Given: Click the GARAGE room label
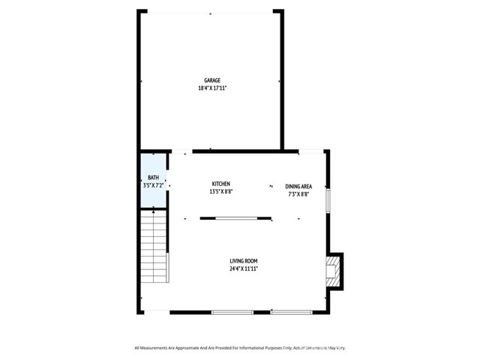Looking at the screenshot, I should tap(212, 80).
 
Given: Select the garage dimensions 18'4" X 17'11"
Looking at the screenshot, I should tap(212, 88).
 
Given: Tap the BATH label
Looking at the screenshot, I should tap(153, 178).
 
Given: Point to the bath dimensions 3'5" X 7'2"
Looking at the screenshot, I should tap(153, 185).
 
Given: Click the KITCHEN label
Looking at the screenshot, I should tap(220, 184).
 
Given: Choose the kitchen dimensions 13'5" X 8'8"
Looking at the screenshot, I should tap(220, 192).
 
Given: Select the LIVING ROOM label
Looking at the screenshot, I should tap(244, 260).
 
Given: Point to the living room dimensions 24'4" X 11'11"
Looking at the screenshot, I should tap(244, 268).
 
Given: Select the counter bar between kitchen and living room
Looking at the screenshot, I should tap(236, 218).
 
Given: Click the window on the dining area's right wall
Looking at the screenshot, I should tap(328, 195).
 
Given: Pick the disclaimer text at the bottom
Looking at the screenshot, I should tap(240, 347).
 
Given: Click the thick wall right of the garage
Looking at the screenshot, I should tap(282, 82).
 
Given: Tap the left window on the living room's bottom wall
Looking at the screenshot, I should tap(232, 312).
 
